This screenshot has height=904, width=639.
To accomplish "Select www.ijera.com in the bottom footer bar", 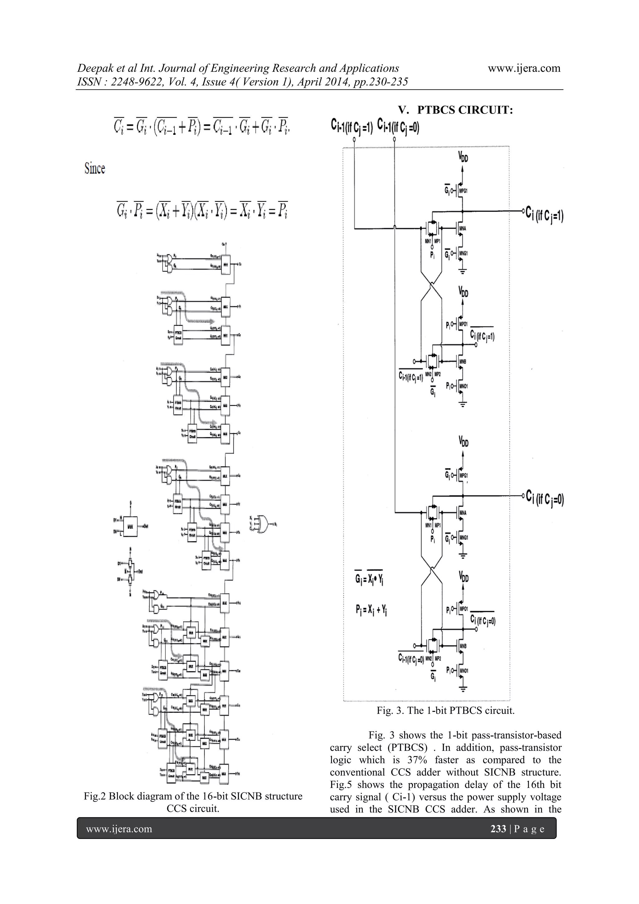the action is [119, 829].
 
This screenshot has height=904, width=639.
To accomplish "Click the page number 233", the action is [498, 829].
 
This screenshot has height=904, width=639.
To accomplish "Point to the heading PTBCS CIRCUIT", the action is [465, 110].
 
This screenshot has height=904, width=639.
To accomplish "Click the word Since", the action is [95, 169].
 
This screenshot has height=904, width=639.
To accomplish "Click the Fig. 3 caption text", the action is [445, 711].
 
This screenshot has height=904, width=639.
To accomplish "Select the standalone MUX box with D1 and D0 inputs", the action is [131, 526].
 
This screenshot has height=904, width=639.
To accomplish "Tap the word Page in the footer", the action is [529, 829].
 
